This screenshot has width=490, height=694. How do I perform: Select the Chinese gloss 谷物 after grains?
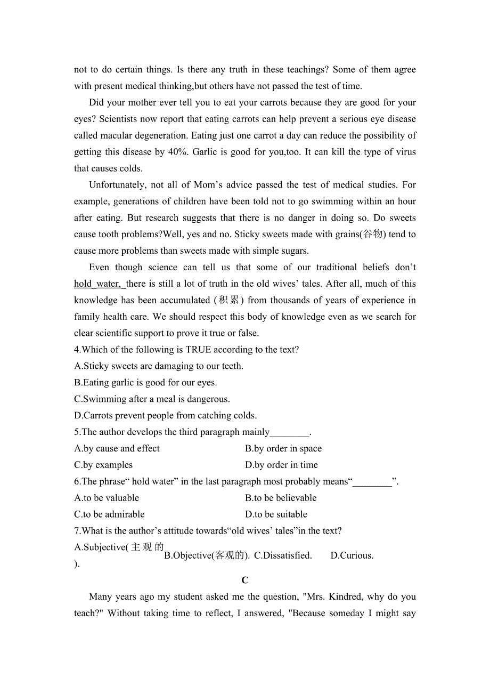373,234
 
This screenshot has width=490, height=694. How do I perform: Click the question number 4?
77,350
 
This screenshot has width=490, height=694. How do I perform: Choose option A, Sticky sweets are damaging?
159,366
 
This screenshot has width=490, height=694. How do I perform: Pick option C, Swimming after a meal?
152,399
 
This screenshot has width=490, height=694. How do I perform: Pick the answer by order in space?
283,449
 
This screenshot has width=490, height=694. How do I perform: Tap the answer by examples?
103,465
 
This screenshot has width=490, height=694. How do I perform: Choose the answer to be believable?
281,498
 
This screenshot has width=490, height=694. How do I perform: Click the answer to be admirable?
109,515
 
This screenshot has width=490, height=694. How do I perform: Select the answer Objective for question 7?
207,555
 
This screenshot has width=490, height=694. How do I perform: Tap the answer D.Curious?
352,555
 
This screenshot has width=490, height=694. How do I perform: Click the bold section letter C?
245,580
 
